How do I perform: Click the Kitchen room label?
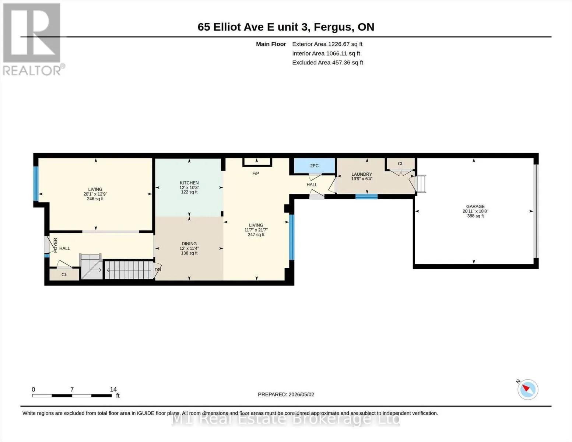189,183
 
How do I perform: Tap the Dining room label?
189,244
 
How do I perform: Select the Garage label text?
476,207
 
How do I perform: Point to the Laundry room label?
362,174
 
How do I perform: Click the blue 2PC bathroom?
314,166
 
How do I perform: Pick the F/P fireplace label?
256,173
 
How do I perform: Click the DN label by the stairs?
158,270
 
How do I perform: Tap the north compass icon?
527,390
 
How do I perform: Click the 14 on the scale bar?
113,389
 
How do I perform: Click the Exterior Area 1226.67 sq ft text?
327,44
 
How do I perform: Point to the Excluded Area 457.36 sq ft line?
328,63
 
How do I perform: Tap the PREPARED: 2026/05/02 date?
286,394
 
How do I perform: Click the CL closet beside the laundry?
401,164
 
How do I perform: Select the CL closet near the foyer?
64,274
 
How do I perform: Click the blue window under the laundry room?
366,196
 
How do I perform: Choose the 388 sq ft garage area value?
476,216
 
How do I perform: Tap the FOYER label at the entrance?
56,245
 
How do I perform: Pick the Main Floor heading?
271,44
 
